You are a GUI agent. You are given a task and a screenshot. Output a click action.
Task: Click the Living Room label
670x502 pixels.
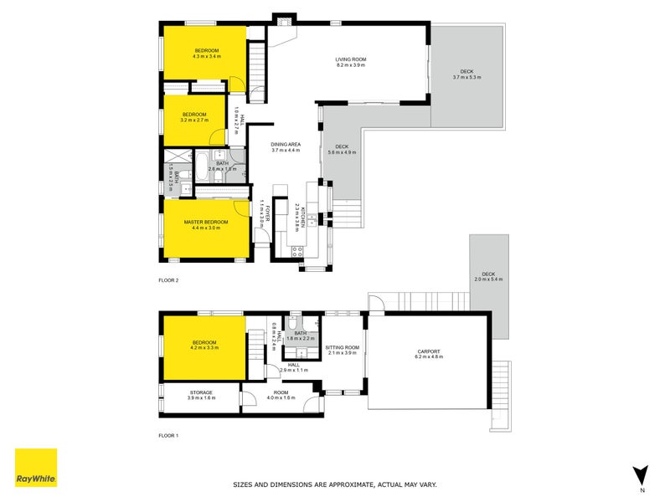pos(351,59)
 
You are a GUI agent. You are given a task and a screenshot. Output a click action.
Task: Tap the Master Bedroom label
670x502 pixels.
pos(205,222)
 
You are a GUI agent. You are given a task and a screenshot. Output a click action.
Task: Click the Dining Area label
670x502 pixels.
pos(286,146)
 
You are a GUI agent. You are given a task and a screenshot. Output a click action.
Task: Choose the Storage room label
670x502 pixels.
pos(200,392)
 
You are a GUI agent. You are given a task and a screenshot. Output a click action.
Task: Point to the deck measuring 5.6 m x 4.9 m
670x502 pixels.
pos(342,150)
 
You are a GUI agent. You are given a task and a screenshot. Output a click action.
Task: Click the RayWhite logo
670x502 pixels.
pos(37,468)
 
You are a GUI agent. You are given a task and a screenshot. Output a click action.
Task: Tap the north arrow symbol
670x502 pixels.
pos(642,474)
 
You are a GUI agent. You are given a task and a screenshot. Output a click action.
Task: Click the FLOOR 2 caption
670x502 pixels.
pos(168,280)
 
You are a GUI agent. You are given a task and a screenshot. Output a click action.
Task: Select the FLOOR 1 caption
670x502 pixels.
pos(168,436)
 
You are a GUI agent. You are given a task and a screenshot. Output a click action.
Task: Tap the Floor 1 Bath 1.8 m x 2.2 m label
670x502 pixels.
pos(300,336)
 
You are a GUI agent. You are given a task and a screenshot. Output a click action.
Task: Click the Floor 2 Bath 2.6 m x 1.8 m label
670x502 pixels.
pos(222,164)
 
